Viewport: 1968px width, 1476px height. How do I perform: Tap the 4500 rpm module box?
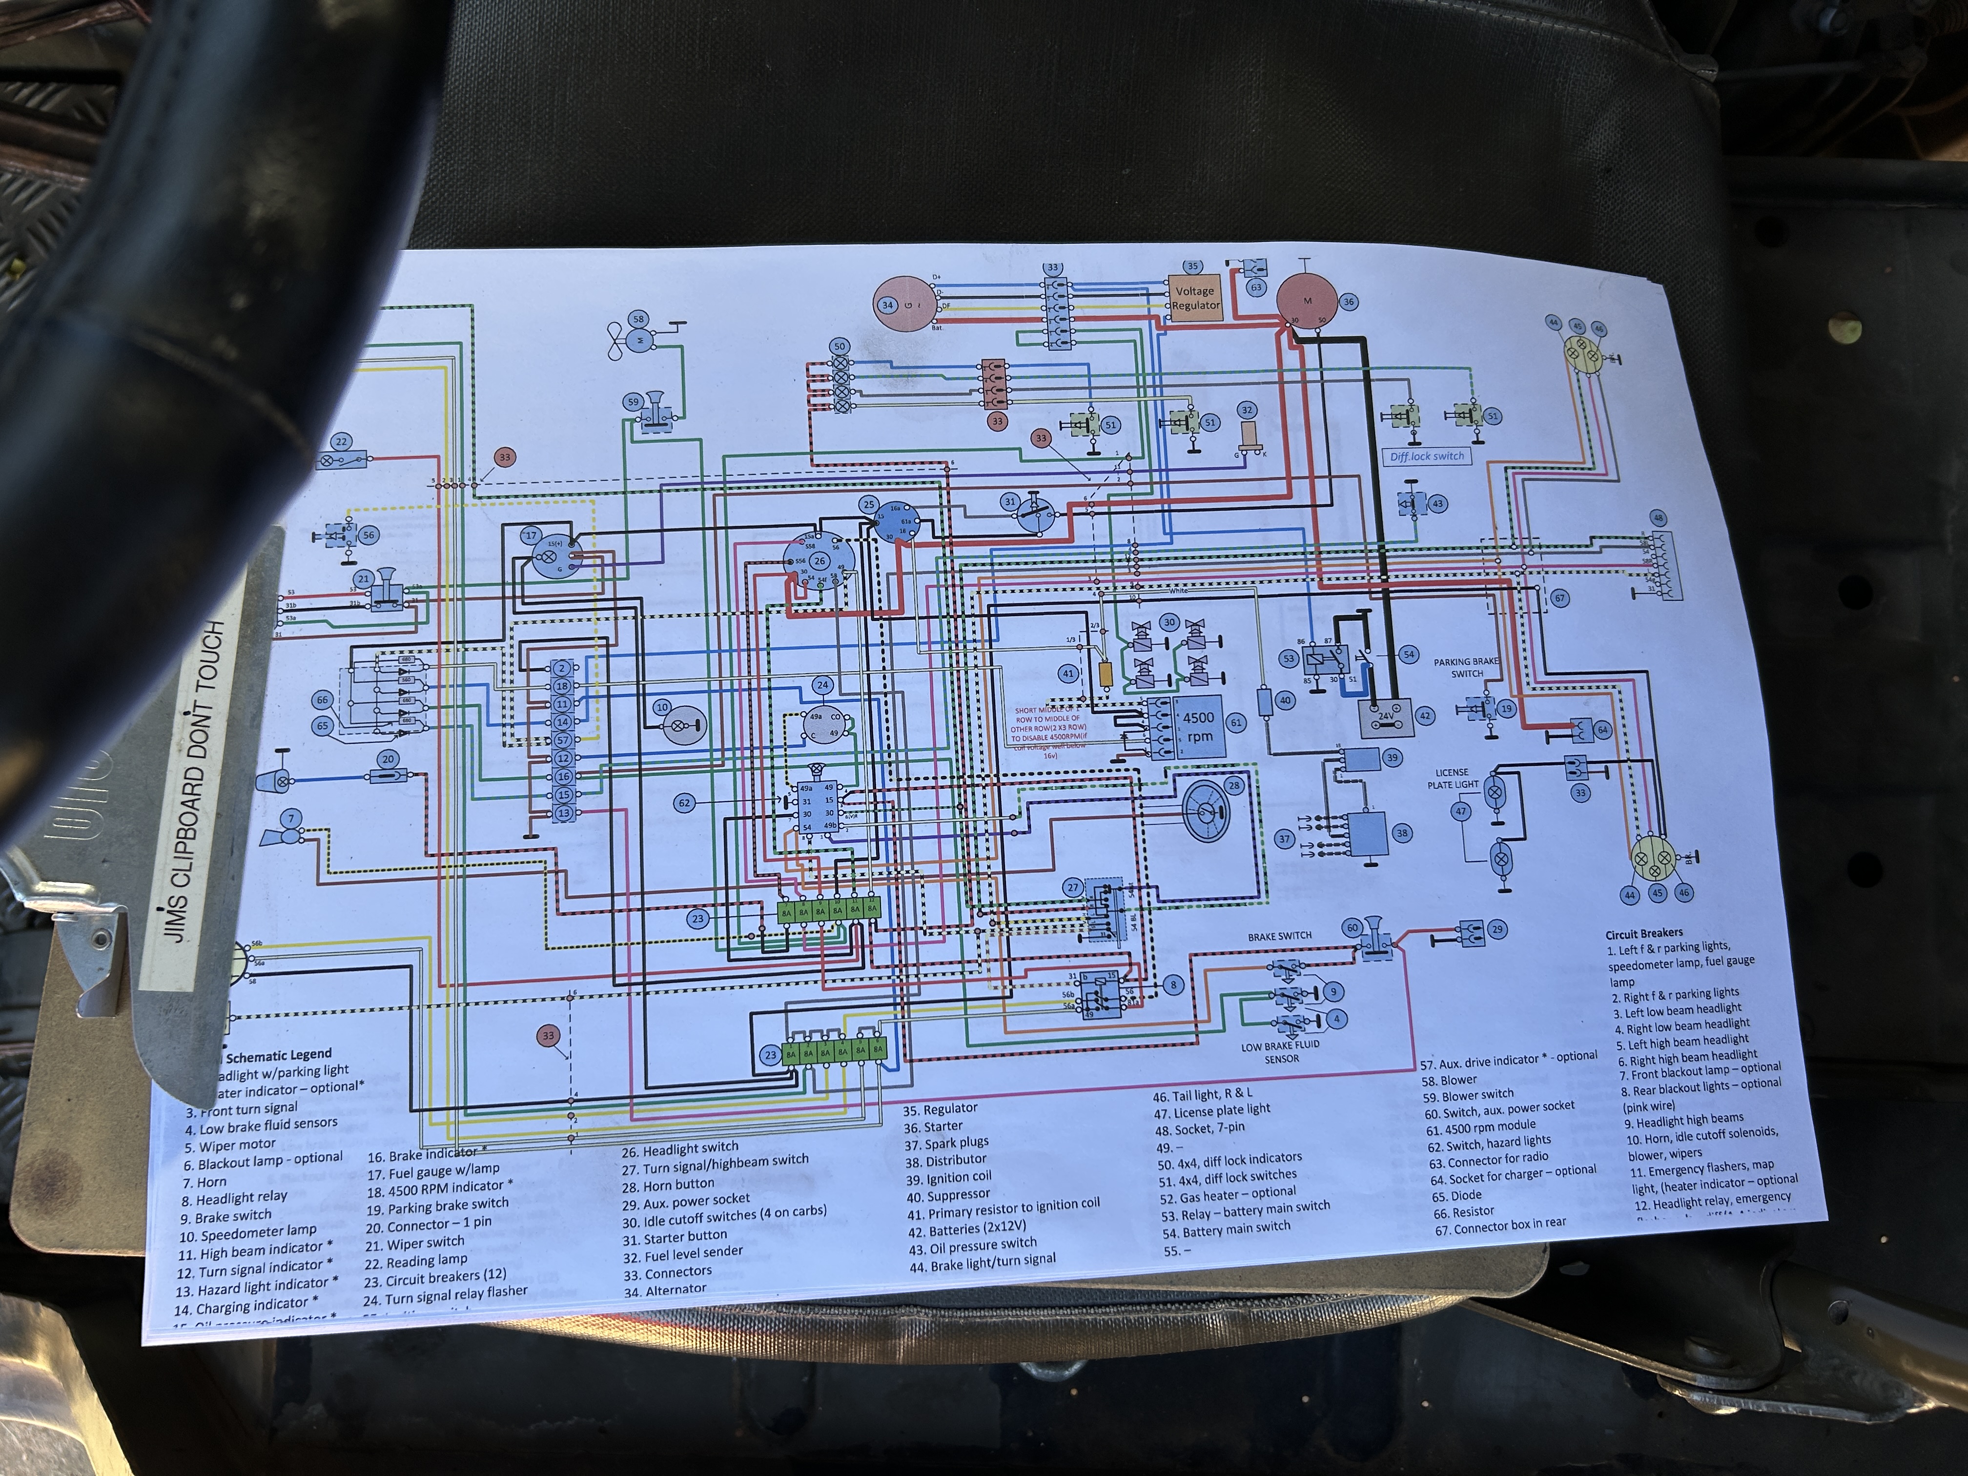pyautogui.click(x=1197, y=727)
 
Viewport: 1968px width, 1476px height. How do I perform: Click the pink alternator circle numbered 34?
pyautogui.click(x=901, y=305)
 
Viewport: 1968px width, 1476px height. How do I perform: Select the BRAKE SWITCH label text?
pyautogui.click(x=1279, y=936)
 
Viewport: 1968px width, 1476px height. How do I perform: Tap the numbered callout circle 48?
pyautogui.click(x=1657, y=518)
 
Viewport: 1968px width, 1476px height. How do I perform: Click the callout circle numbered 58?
pyautogui.click(x=638, y=319)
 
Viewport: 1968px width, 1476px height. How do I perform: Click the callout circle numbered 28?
pyautogui.click(x=1234, y=786)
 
